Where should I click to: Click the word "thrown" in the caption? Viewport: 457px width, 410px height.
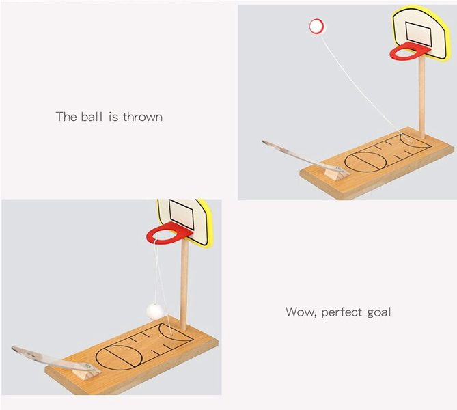(143, 117)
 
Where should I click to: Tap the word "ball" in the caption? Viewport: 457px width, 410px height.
(92, 117)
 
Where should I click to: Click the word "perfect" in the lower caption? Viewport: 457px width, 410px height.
(342, 312)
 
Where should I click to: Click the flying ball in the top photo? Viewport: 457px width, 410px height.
(316, 26)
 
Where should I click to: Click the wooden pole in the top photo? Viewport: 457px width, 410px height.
(421, 98)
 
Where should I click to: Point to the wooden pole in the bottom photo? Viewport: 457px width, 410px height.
(184, 284)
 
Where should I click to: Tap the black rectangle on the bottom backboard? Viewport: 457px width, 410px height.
(181, 215)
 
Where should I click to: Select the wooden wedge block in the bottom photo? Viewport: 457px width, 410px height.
(88, 374)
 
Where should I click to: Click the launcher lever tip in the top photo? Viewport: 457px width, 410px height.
(263, 142)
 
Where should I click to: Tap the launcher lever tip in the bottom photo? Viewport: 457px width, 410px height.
(14, 348)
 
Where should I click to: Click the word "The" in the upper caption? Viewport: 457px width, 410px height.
(66, 117)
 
